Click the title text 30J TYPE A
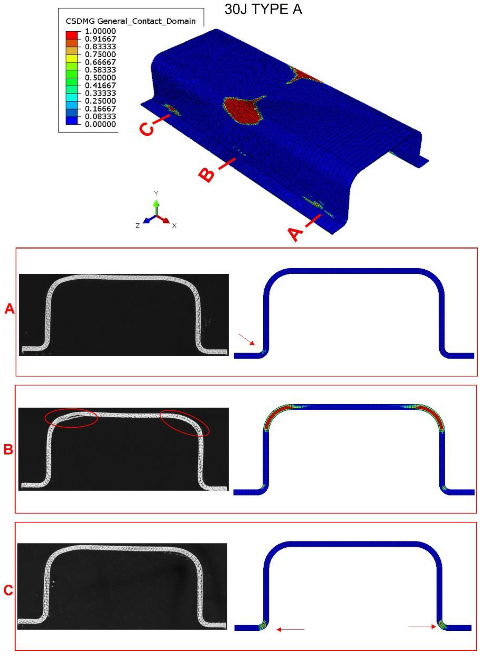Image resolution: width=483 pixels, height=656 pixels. pyautogui.click(x=263, y=9)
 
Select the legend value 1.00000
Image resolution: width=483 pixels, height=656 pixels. pyautogui.click(x=100, y=31)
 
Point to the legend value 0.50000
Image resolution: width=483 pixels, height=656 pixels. pyautogui.click(x=100, y=77)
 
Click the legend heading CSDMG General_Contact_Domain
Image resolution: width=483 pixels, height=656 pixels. pyautogui.click(x=130, y=21)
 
